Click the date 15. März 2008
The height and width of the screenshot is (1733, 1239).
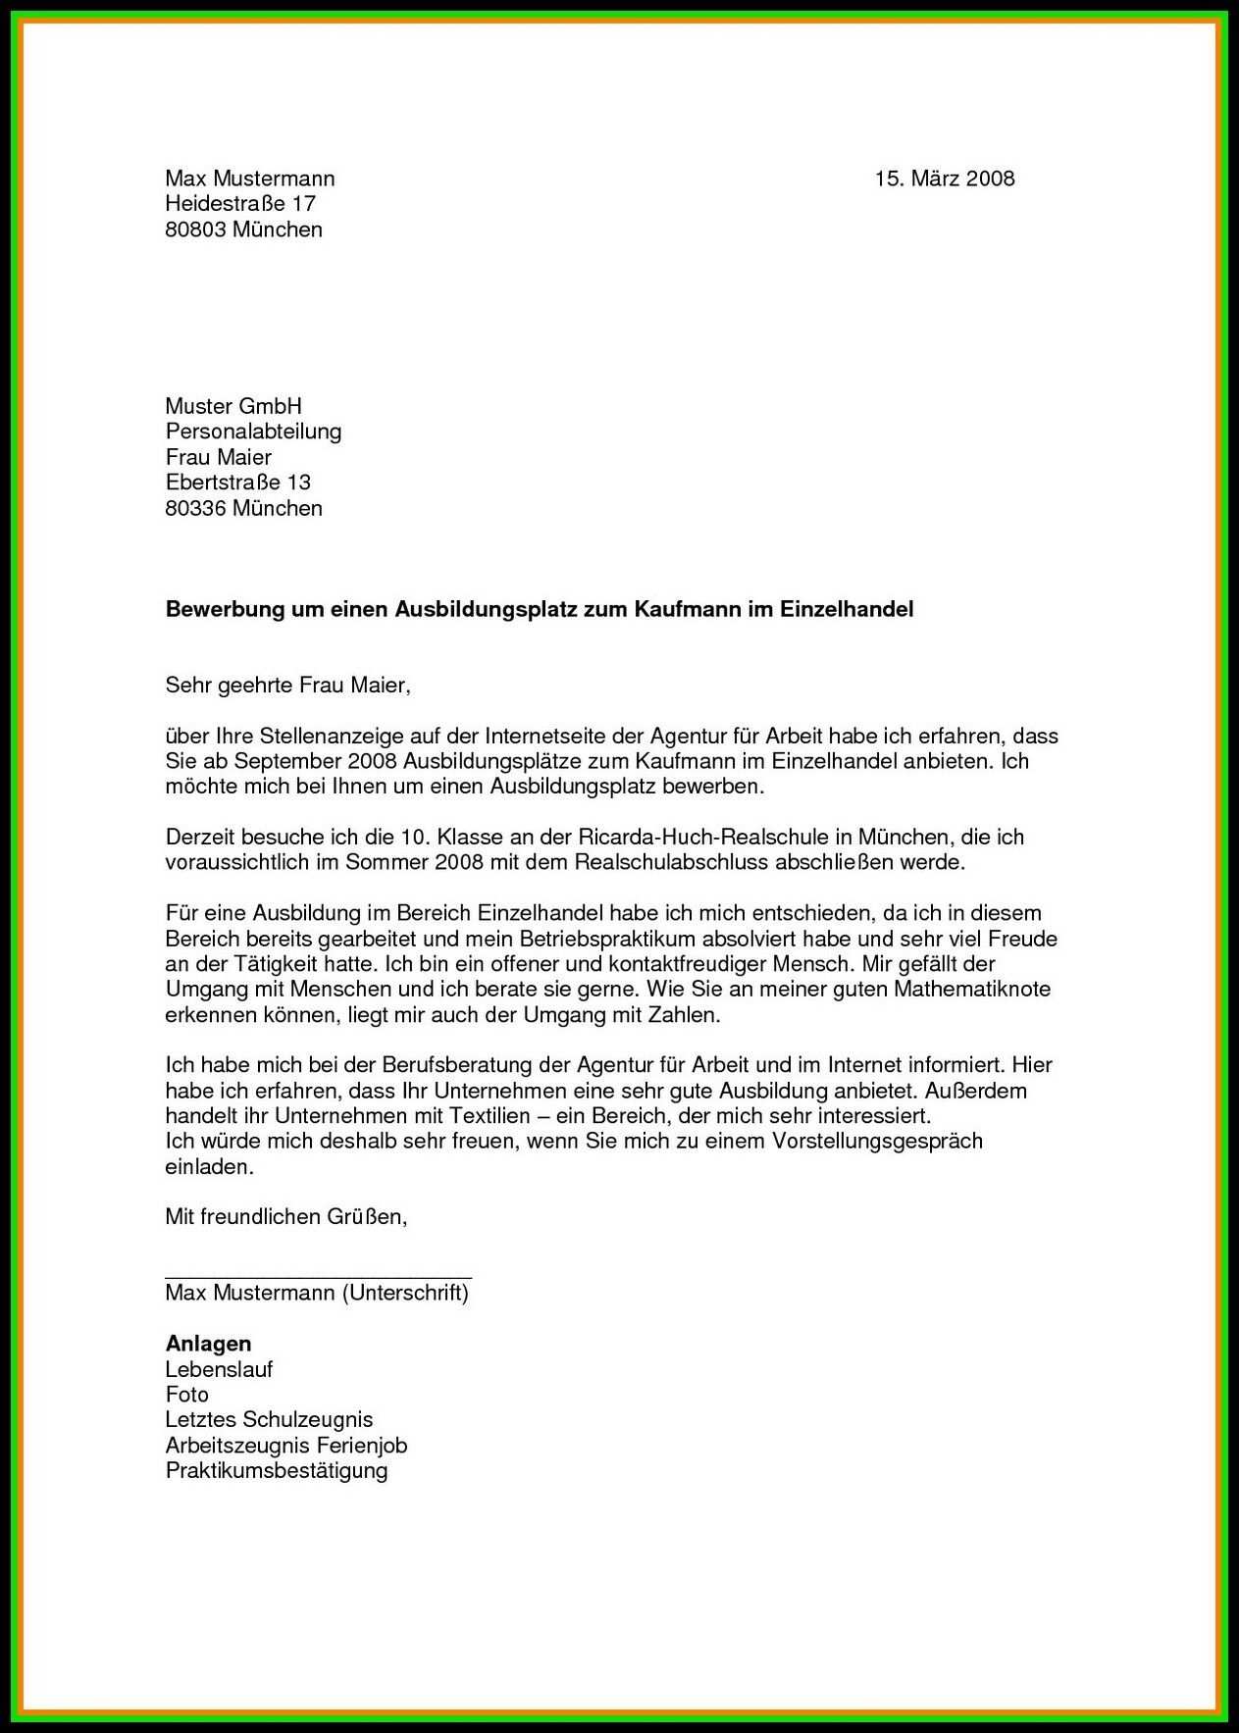point(944,178)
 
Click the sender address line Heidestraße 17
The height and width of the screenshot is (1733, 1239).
point(240,204)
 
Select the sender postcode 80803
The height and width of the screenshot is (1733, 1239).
point(195,229)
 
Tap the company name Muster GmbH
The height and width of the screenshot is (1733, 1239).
point(233,406)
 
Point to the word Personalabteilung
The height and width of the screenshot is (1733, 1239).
point(253,432)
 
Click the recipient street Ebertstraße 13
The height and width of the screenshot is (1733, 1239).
point(238,483)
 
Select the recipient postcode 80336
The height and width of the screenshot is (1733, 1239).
point(195,508)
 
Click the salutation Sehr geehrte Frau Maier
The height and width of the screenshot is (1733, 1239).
point(286,686)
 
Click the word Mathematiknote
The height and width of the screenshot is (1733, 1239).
point(971,989)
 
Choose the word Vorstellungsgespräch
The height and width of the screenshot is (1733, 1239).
point(877,1141)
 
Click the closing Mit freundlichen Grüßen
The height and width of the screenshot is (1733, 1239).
point(285,1217)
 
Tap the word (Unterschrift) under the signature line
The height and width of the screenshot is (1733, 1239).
point(405,1293)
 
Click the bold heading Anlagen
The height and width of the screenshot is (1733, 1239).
point(208,1344)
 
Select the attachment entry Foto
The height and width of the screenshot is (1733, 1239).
point(186,1395)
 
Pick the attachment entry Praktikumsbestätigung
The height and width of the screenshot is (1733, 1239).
point(277,1470)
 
